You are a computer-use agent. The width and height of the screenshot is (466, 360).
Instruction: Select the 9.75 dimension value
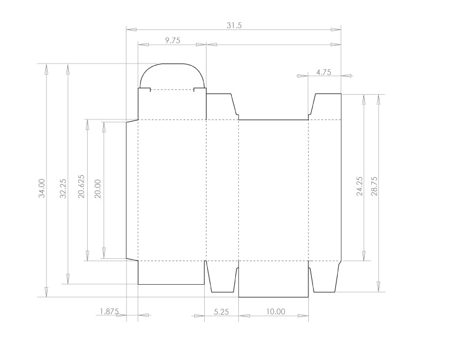click(172, 40)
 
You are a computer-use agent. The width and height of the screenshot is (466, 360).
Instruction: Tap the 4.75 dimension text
click(324, 72)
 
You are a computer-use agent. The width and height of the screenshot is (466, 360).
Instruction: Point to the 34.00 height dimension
click(42, 188)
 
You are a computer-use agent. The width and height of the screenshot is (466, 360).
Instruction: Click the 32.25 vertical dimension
click(64, 188)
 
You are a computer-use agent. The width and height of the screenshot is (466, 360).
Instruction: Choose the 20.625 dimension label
click(82, 187)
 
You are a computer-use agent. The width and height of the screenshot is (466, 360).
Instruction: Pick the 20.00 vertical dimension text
click(98, 188)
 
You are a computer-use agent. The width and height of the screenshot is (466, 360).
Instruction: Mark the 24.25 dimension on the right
click(360, 186)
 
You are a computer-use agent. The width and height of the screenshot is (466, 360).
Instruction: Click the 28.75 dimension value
click(375, 186)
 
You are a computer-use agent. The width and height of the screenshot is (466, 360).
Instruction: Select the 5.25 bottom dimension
click(221, 312)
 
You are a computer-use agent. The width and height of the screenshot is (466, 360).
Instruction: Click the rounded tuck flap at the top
click(172, 75)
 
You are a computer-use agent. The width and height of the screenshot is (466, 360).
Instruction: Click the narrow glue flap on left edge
click(132, 189)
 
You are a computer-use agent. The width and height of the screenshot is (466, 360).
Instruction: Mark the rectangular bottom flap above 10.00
click(274, 279)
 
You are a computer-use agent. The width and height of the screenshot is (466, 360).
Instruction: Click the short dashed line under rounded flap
click(172, 90)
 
